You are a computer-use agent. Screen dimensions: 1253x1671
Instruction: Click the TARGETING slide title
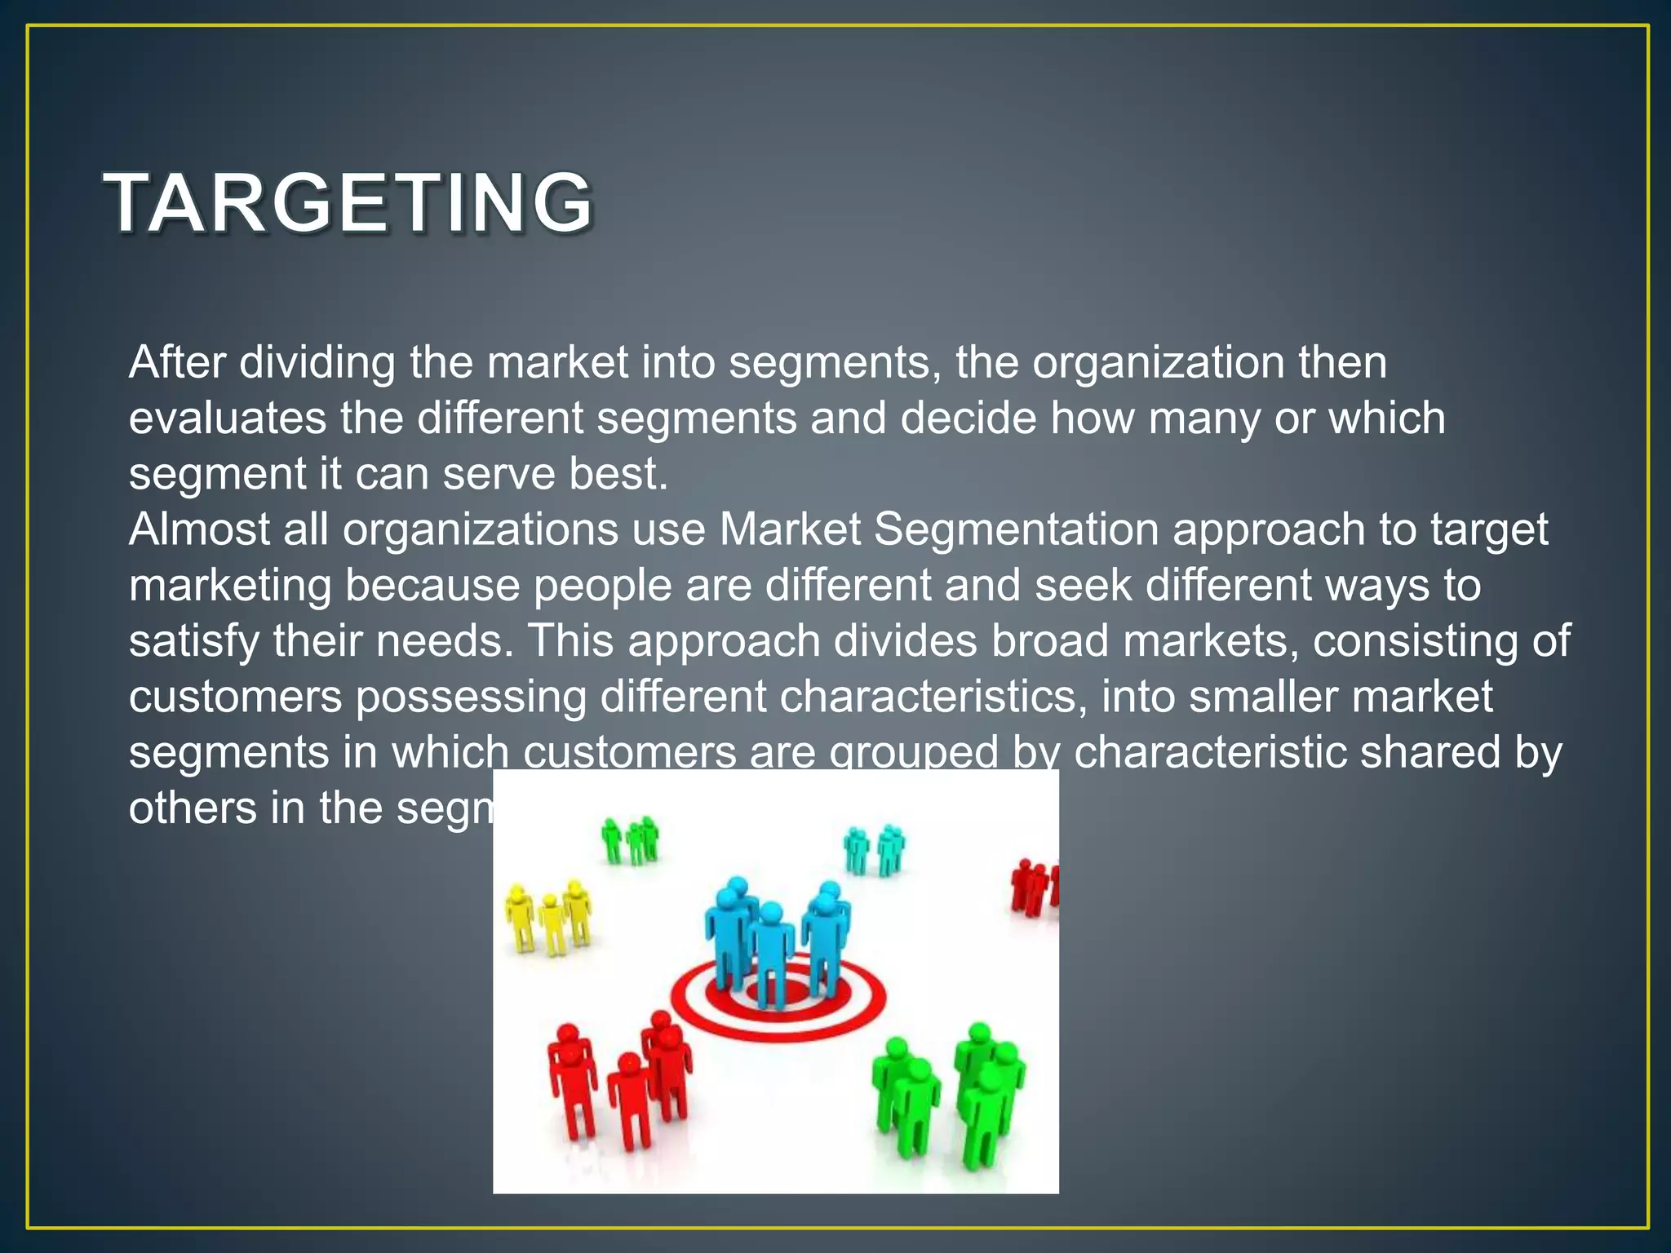coord(349,202)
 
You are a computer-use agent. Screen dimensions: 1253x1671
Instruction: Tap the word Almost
coord(198,529)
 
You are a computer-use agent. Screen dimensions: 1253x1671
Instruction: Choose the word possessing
coord(470,697)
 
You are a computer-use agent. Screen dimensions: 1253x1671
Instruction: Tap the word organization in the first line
coord(1158,362)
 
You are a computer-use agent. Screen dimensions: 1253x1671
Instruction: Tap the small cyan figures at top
coord(874,848)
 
